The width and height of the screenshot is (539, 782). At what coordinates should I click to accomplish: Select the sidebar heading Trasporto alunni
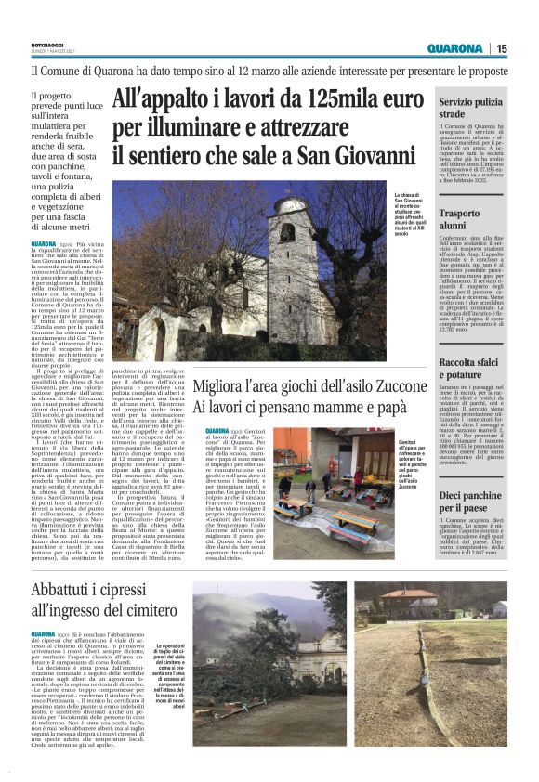466,218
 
